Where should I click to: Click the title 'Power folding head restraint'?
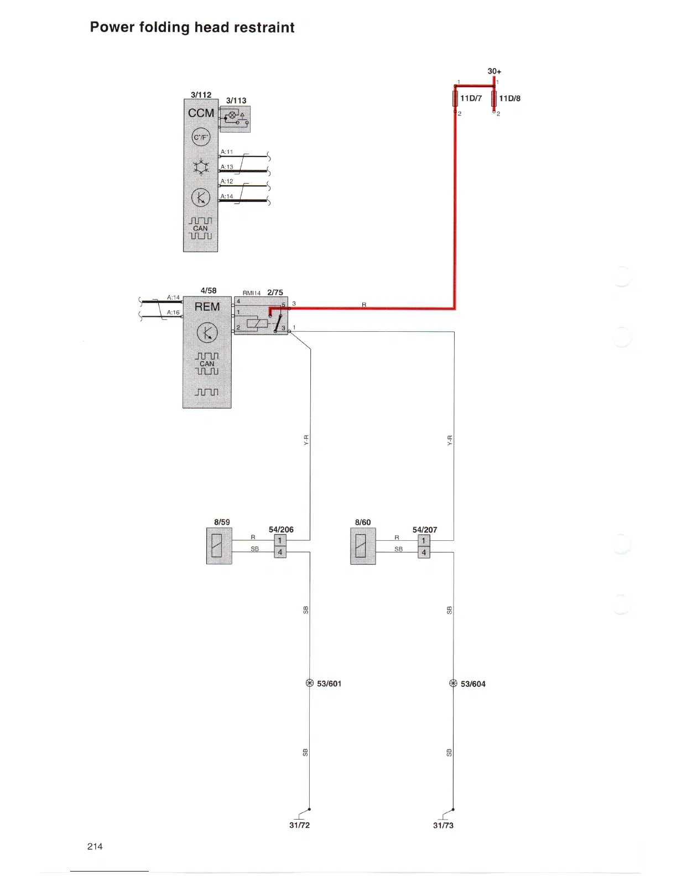[x=192, y=28]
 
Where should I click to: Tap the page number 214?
[x=95, y=846]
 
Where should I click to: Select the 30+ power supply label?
[x=494, y=71]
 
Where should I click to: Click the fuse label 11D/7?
[x=471, y=98]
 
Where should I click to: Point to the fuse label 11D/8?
[x=510, y=98]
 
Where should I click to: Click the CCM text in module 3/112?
[x=201, y=113]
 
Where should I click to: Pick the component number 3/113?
[x=236, y=101]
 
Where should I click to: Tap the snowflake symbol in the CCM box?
[x=201, y=167]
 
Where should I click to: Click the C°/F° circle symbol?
[x=201, y=137]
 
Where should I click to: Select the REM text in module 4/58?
[x=207, y=307]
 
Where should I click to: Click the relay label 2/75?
[x=275, y=293]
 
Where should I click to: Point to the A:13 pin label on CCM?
[x=227, y=166]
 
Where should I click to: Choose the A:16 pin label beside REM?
[x=173, y=312]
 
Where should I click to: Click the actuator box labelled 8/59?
[x=219, y=546]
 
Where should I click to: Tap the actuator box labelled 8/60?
[x=363, y=546]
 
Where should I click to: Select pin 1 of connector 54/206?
[x=280, y=540]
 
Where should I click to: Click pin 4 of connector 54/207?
[x=424, y=552]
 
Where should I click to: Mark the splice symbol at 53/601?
[x=310, y=683]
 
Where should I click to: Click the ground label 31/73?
[x=443, y=825]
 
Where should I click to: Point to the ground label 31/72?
[x=299, y=825]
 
